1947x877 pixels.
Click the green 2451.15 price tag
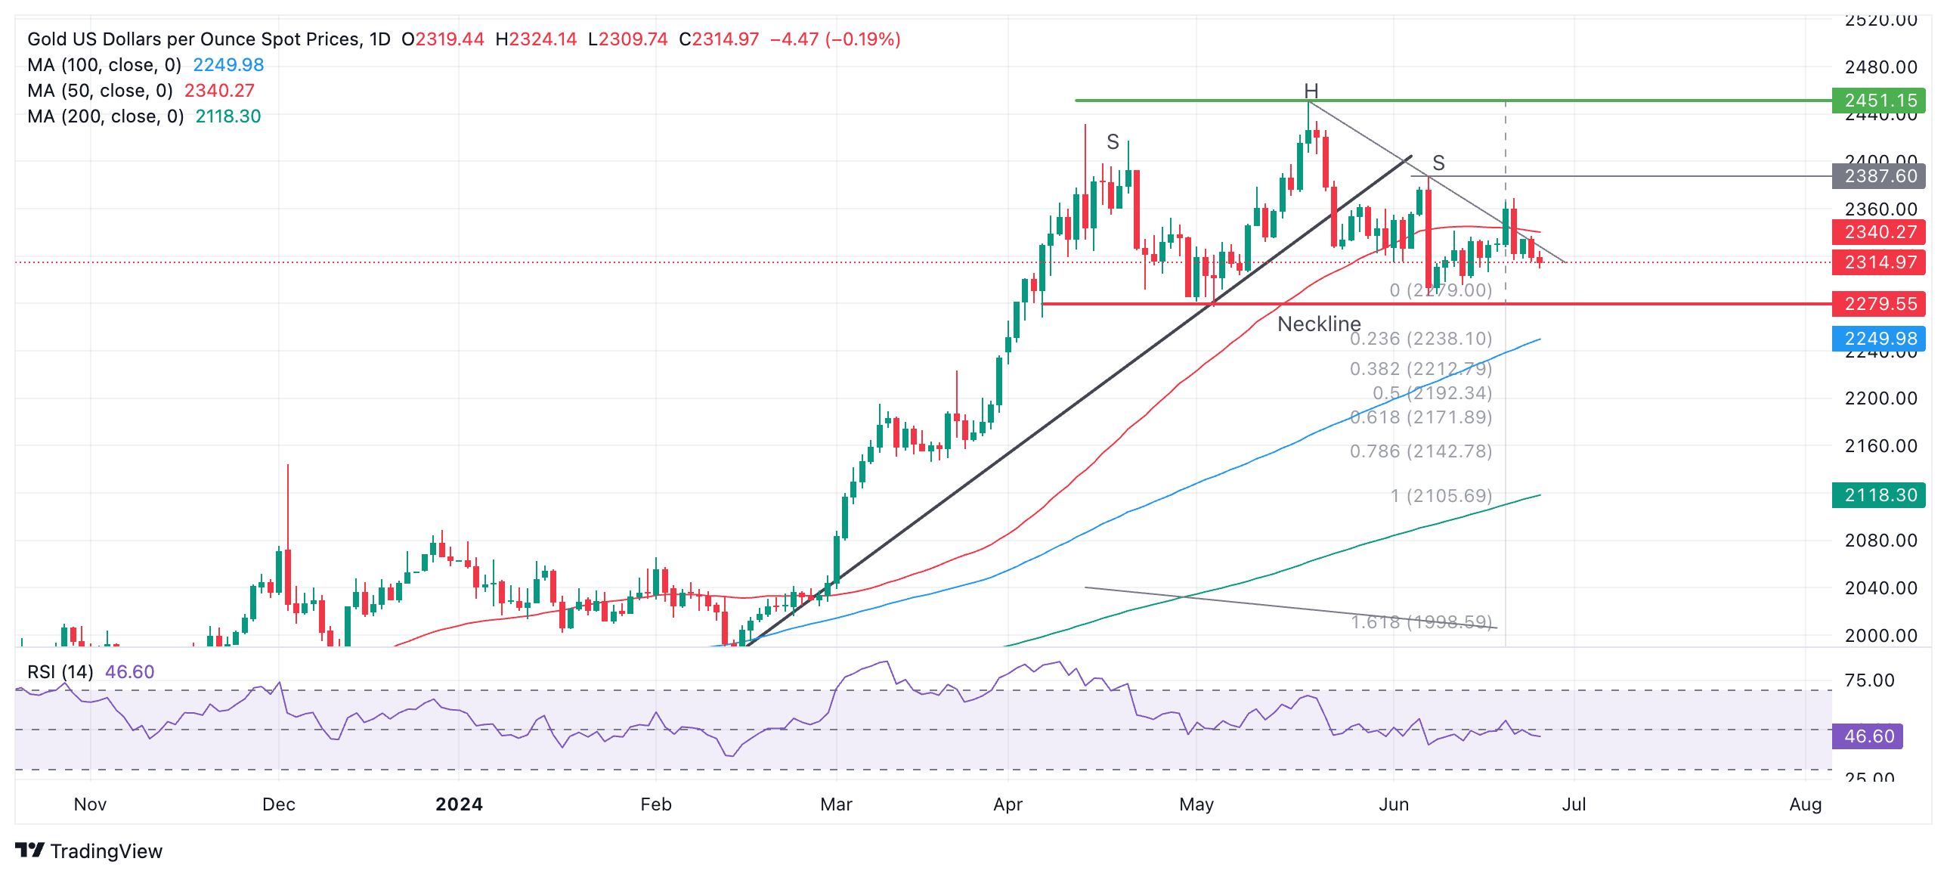[x=1879, y=101]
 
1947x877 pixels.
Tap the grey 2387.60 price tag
[x=1879, y=176]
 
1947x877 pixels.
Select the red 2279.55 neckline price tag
[x=1879, y=304]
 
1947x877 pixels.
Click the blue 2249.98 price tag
[x=1879, y=339]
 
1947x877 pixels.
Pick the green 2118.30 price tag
[x=1879, y=495]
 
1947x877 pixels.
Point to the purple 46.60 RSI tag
[x=1868, y=736]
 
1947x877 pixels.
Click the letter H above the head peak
[x=1311, y=91]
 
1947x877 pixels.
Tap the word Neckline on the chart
[x=1319, y=324]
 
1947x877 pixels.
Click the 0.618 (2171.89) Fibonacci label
[x=1421, y=417]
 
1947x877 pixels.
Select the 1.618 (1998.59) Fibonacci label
[x=1421, y=622]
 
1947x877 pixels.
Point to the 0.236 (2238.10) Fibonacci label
[x=1421, y=339]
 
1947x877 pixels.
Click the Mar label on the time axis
[x=836, y=804]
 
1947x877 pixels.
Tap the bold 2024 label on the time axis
[x=459, y=804]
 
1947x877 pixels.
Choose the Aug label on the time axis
[x=1805, y=804]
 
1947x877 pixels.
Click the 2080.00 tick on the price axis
[x=1880, y=541]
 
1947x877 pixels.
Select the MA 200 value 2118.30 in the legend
[x=228, y=116]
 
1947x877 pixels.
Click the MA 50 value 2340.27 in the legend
[x=219, y=91]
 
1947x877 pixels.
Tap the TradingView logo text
[x=106, y=851]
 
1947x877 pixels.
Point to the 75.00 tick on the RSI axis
[x=1869, y=680]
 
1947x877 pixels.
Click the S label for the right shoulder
[x=1438, y=163]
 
